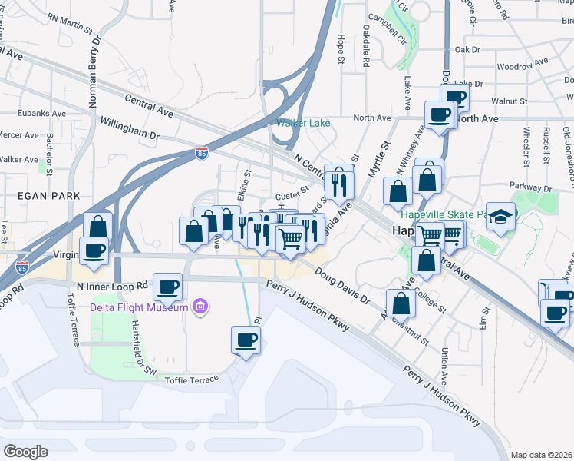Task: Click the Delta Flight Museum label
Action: (139, 307)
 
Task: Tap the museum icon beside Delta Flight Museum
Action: (201, 307)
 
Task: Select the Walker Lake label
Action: (305, 123)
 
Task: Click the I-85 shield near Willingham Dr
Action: (201, 153)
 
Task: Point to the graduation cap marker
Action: (500, 217)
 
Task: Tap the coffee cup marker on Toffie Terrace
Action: (246, 340)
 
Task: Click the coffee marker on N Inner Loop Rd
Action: (168, 288)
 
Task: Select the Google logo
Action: (25, 452)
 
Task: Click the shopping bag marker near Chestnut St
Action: (401, 303)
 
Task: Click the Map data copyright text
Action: (542, 455)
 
